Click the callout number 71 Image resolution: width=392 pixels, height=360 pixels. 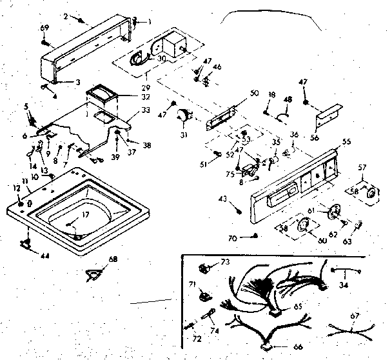(x=191, y=283)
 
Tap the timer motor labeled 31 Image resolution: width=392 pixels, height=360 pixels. (x=186, y=116)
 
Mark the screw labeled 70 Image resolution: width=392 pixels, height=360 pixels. (x=256, y=237)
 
